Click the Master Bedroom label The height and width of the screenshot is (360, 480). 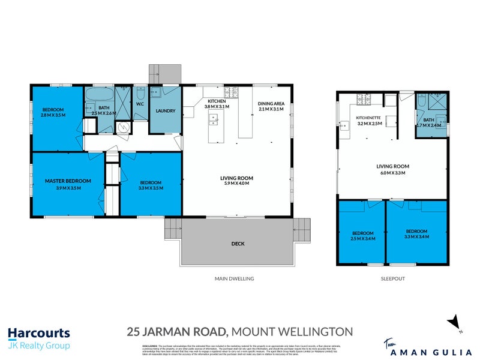pyautogui.click(x=68, y=181)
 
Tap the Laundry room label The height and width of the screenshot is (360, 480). pyautogui.click(x=164, y=111)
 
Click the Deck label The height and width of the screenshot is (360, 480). pyautogui.click(x=238, y=244)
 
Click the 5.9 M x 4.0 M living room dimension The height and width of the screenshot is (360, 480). pyautogui.click(x=236, y=184)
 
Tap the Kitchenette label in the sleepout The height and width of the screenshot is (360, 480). pyautogui.click(x=368, y=118)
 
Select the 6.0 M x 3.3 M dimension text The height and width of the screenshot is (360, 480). pyautogui.click(x=392, y=173)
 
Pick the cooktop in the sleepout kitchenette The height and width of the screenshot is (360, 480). pyautogui.click(x=364, y=98)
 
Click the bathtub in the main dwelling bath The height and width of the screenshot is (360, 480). pyautogui.click(x=98, y=95)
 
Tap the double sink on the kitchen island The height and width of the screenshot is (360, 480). pyautogui.click(x=213, y=120)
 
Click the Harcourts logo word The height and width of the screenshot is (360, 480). pyautogui.click(x=38, y=333)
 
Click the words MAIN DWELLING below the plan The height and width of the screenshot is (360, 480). pyautogui.click(x=235, y=278)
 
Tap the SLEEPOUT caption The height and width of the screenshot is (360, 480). pyautogui.click(x=392, y=278)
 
